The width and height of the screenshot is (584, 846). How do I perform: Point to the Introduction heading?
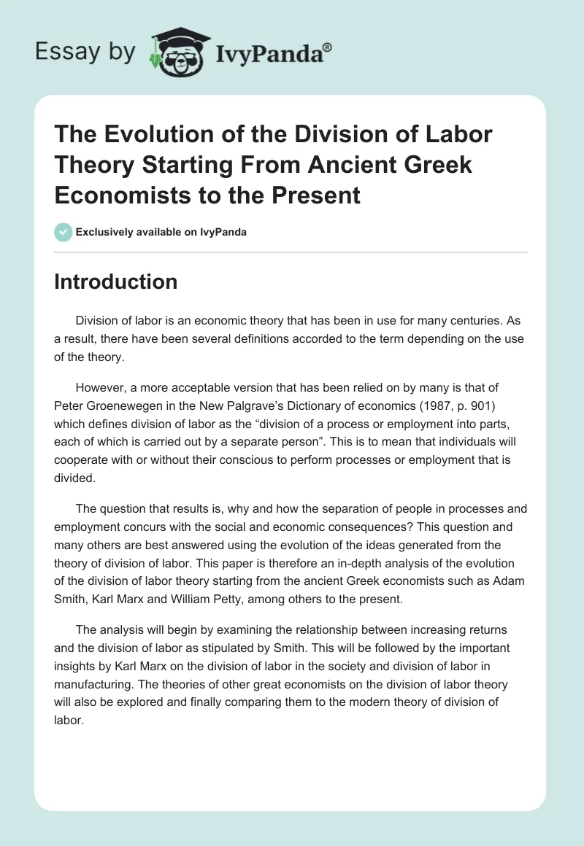point(115,282)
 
